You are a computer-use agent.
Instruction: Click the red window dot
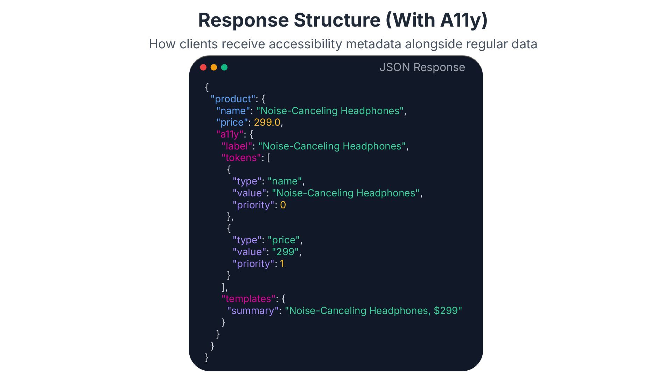coord(203,67)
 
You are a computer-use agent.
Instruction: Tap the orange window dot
coord(214,67)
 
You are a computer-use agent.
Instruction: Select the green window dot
coord(224,67)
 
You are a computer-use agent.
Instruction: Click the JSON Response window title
coord(422,67)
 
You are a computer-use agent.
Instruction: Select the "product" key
coord(233,99)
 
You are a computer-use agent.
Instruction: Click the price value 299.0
coord(267,122)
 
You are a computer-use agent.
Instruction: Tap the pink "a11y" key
coord(230,134)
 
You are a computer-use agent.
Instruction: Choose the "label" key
coord(237,146)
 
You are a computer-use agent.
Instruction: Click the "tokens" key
coord(241,158)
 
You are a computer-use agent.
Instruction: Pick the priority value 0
coord(283,205)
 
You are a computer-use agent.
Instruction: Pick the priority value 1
coord(282,264)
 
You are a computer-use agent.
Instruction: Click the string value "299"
coord(285,252)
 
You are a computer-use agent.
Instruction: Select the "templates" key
coord(248,299)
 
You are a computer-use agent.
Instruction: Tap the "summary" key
coord(253,311)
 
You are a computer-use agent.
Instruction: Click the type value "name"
coord(285,181)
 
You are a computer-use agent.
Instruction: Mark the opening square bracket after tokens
coord(268,158)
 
